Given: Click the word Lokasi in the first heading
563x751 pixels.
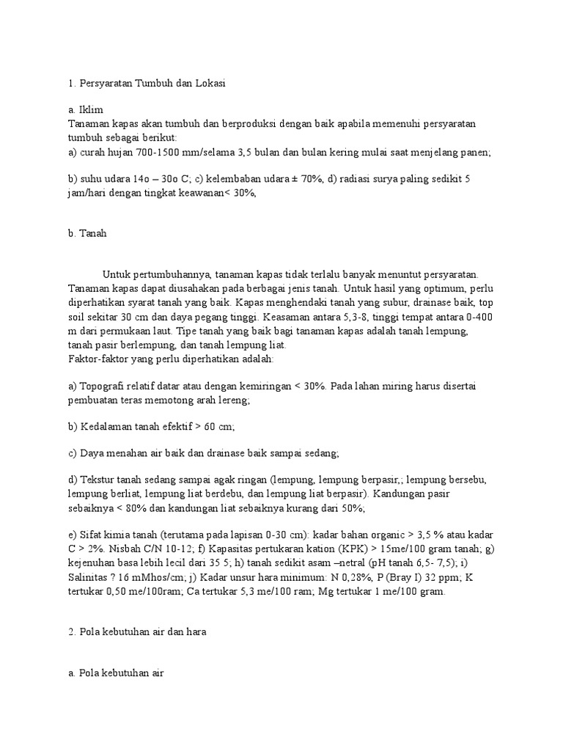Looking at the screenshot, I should pyautogui.click(x=208, y=84).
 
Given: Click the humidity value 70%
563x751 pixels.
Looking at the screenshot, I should pyautogui.click(x=309, y=179).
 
